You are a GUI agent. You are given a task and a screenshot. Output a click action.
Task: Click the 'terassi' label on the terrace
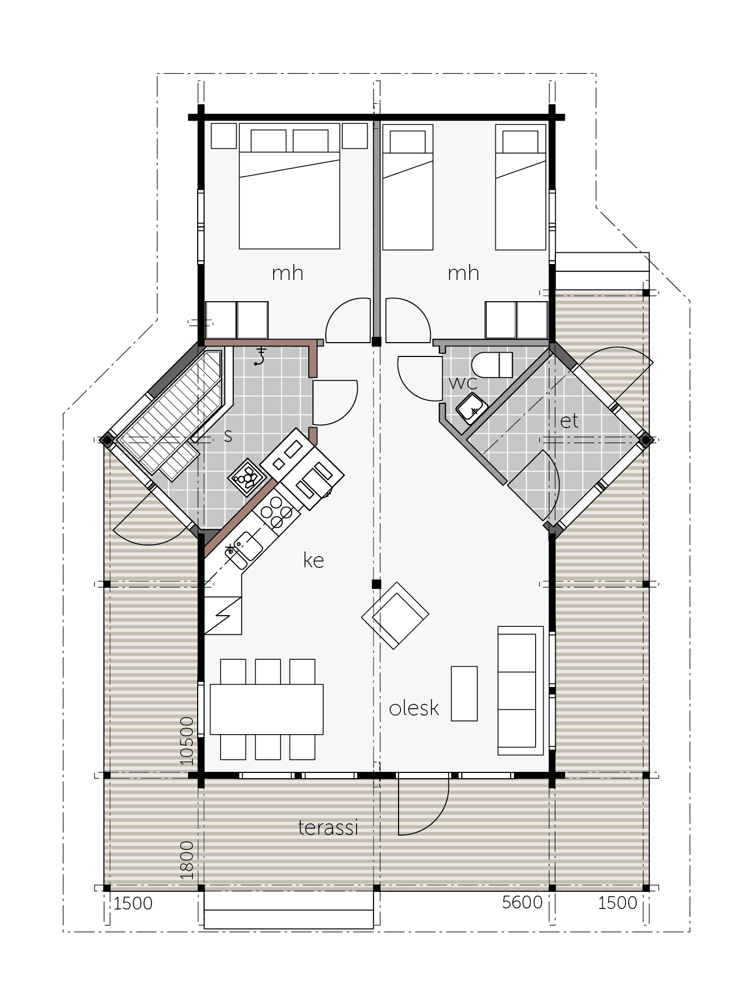328,827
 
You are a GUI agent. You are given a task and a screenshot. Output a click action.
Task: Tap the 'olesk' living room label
414,708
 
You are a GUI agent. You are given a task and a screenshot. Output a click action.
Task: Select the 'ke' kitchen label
314,560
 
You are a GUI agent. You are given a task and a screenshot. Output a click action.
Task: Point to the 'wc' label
463,382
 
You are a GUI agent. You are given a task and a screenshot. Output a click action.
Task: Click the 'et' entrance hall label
569,421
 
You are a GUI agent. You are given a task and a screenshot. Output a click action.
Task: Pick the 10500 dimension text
186,741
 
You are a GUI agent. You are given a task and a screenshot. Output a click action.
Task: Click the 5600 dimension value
522,903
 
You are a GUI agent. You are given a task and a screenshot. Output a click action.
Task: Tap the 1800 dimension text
186,860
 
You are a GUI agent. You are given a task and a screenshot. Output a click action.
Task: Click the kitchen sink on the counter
243,549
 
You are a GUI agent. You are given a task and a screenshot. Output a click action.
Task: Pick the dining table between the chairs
267,709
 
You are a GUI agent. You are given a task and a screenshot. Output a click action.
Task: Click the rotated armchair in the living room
395,615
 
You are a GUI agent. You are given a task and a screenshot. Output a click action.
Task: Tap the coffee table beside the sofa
464,693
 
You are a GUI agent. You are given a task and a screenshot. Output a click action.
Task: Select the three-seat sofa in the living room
520,690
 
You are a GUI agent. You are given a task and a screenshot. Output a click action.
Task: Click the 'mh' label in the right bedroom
463,273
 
